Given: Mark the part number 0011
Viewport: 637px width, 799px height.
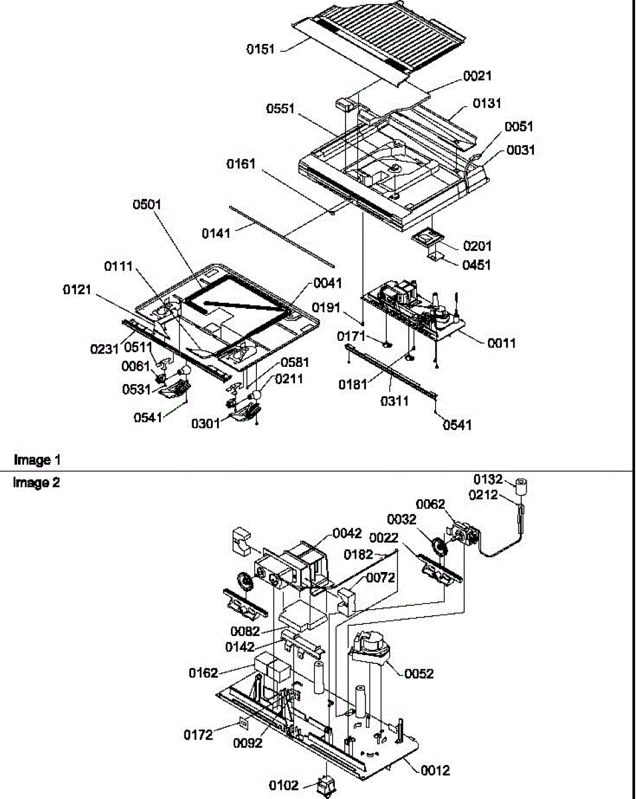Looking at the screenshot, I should click(x=501, y=344).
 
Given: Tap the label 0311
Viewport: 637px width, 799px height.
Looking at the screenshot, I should click(x=395, y=401).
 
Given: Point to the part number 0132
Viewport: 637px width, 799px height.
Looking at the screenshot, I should click(x=488, y=479).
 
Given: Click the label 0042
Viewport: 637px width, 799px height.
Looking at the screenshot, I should click(x=347, y=533).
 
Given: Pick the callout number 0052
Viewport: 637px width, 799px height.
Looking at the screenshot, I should click(x=419, y=674).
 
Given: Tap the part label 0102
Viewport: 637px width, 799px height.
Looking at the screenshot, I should click(x=284, y=786).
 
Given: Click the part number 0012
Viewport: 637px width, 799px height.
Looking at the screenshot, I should click(x=435, y=771).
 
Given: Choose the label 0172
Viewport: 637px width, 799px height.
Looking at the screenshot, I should click(x=198, y=735).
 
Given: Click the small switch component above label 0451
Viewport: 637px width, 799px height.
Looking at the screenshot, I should click(x=427, y=238).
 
